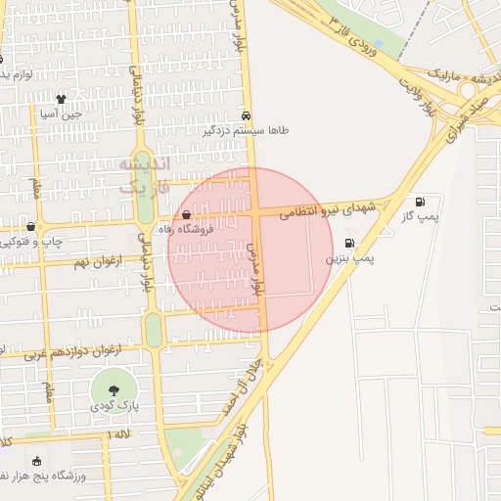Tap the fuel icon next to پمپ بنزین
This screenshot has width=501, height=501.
click(x=350, y=243)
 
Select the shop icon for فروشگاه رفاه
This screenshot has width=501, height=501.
click(x=187, y=214)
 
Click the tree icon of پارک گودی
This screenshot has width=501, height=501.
click(x=116, y=390)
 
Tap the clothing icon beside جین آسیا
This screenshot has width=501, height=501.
click(x=61, y=99)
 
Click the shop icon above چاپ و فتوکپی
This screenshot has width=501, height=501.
click(x=31, y=226)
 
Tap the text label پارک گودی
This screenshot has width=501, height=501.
click(x=116, y=405)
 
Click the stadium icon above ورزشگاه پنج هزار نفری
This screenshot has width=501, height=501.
click(x=37, y=461)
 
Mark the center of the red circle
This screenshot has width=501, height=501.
click(x=250, y=250)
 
